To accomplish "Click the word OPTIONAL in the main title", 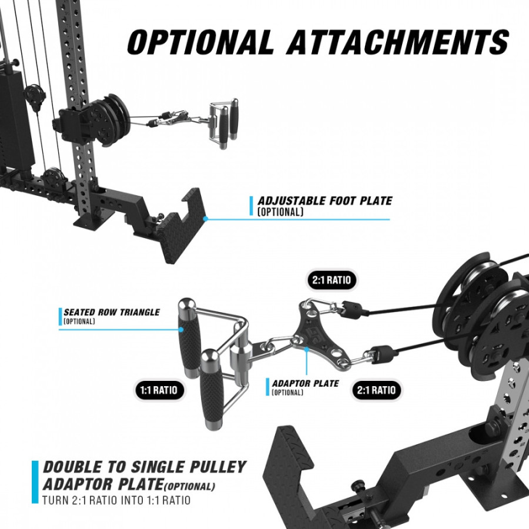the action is tap(200, 42).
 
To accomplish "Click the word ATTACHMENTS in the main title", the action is tap(398, 42).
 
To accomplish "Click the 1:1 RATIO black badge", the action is tap(159, 390).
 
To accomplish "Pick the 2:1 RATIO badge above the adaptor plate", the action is tap(332, 280).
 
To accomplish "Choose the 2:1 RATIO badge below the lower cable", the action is tap(377, 390).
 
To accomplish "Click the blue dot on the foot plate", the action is tap(205, 219).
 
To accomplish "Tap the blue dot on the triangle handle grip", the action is tap(182, 330).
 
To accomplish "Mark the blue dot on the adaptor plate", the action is tap(306, 350).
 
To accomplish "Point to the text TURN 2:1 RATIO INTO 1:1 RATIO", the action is tap(116, 500).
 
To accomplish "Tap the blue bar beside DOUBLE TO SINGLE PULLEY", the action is tap(35, 482).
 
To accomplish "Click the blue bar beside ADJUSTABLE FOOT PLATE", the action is tap(251, 206).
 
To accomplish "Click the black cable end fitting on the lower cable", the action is tap(384, 354).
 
